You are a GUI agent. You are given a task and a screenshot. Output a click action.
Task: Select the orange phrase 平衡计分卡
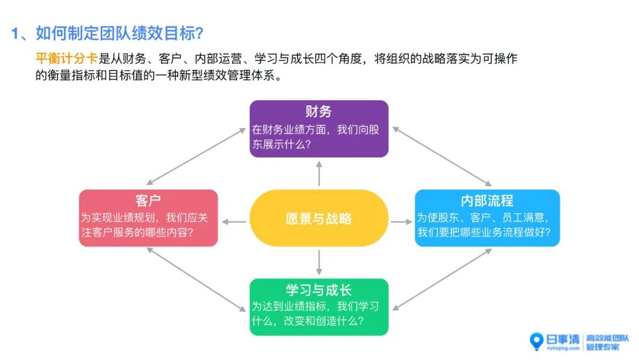tap(66, 59)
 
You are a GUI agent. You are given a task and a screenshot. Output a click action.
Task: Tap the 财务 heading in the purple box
tap(318, 111)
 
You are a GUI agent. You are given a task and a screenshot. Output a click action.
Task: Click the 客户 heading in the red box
tap(148, 200)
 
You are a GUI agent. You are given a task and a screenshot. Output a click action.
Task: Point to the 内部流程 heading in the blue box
tap(487, 200)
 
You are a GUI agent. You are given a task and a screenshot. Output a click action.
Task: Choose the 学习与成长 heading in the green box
tap(318, 290)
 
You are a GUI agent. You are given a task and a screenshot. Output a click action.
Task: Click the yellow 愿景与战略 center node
tap(318, 218)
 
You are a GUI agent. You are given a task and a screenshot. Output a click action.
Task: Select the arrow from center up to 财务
tap(319, 173)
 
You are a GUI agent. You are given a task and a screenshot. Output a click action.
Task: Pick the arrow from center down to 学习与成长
tap(319, 263)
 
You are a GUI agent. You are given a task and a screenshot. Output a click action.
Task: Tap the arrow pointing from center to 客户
tap(234, 222)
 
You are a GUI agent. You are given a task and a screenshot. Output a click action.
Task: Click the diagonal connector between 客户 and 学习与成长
tap(195, 279)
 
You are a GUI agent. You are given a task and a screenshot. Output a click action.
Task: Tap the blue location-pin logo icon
tap(536, 341)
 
